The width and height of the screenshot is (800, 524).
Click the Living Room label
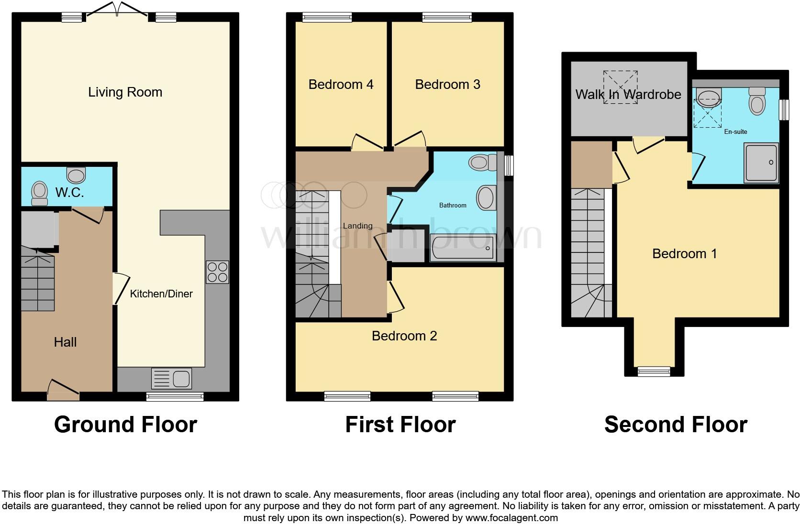125,92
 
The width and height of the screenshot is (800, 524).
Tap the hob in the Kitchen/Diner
217,272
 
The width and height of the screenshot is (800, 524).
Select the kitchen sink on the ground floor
171,378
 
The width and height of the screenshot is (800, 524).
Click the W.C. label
70,193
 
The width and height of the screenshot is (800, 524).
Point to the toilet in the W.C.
40,193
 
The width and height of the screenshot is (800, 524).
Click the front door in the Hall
63,391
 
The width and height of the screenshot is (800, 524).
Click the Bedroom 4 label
341,85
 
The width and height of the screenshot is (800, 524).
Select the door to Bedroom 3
409,139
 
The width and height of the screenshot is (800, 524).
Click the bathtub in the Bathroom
463,248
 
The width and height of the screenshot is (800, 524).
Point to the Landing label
357,226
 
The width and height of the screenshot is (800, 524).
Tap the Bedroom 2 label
404,336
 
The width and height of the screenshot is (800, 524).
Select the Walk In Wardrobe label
628,94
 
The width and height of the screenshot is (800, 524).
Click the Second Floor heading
675,425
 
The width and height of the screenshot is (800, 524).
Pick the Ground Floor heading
125,425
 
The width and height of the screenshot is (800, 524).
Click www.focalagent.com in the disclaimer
511,518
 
